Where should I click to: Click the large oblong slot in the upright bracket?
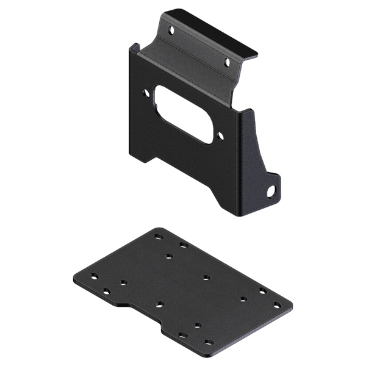coord(183,114)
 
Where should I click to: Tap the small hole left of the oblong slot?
coord(146,93)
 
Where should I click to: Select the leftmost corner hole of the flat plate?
coord(94,276)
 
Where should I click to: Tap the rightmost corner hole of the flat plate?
coord(277,304)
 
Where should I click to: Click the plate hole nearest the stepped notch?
coord(159,304)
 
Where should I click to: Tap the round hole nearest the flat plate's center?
coord(206,278)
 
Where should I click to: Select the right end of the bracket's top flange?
coord(255,54)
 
